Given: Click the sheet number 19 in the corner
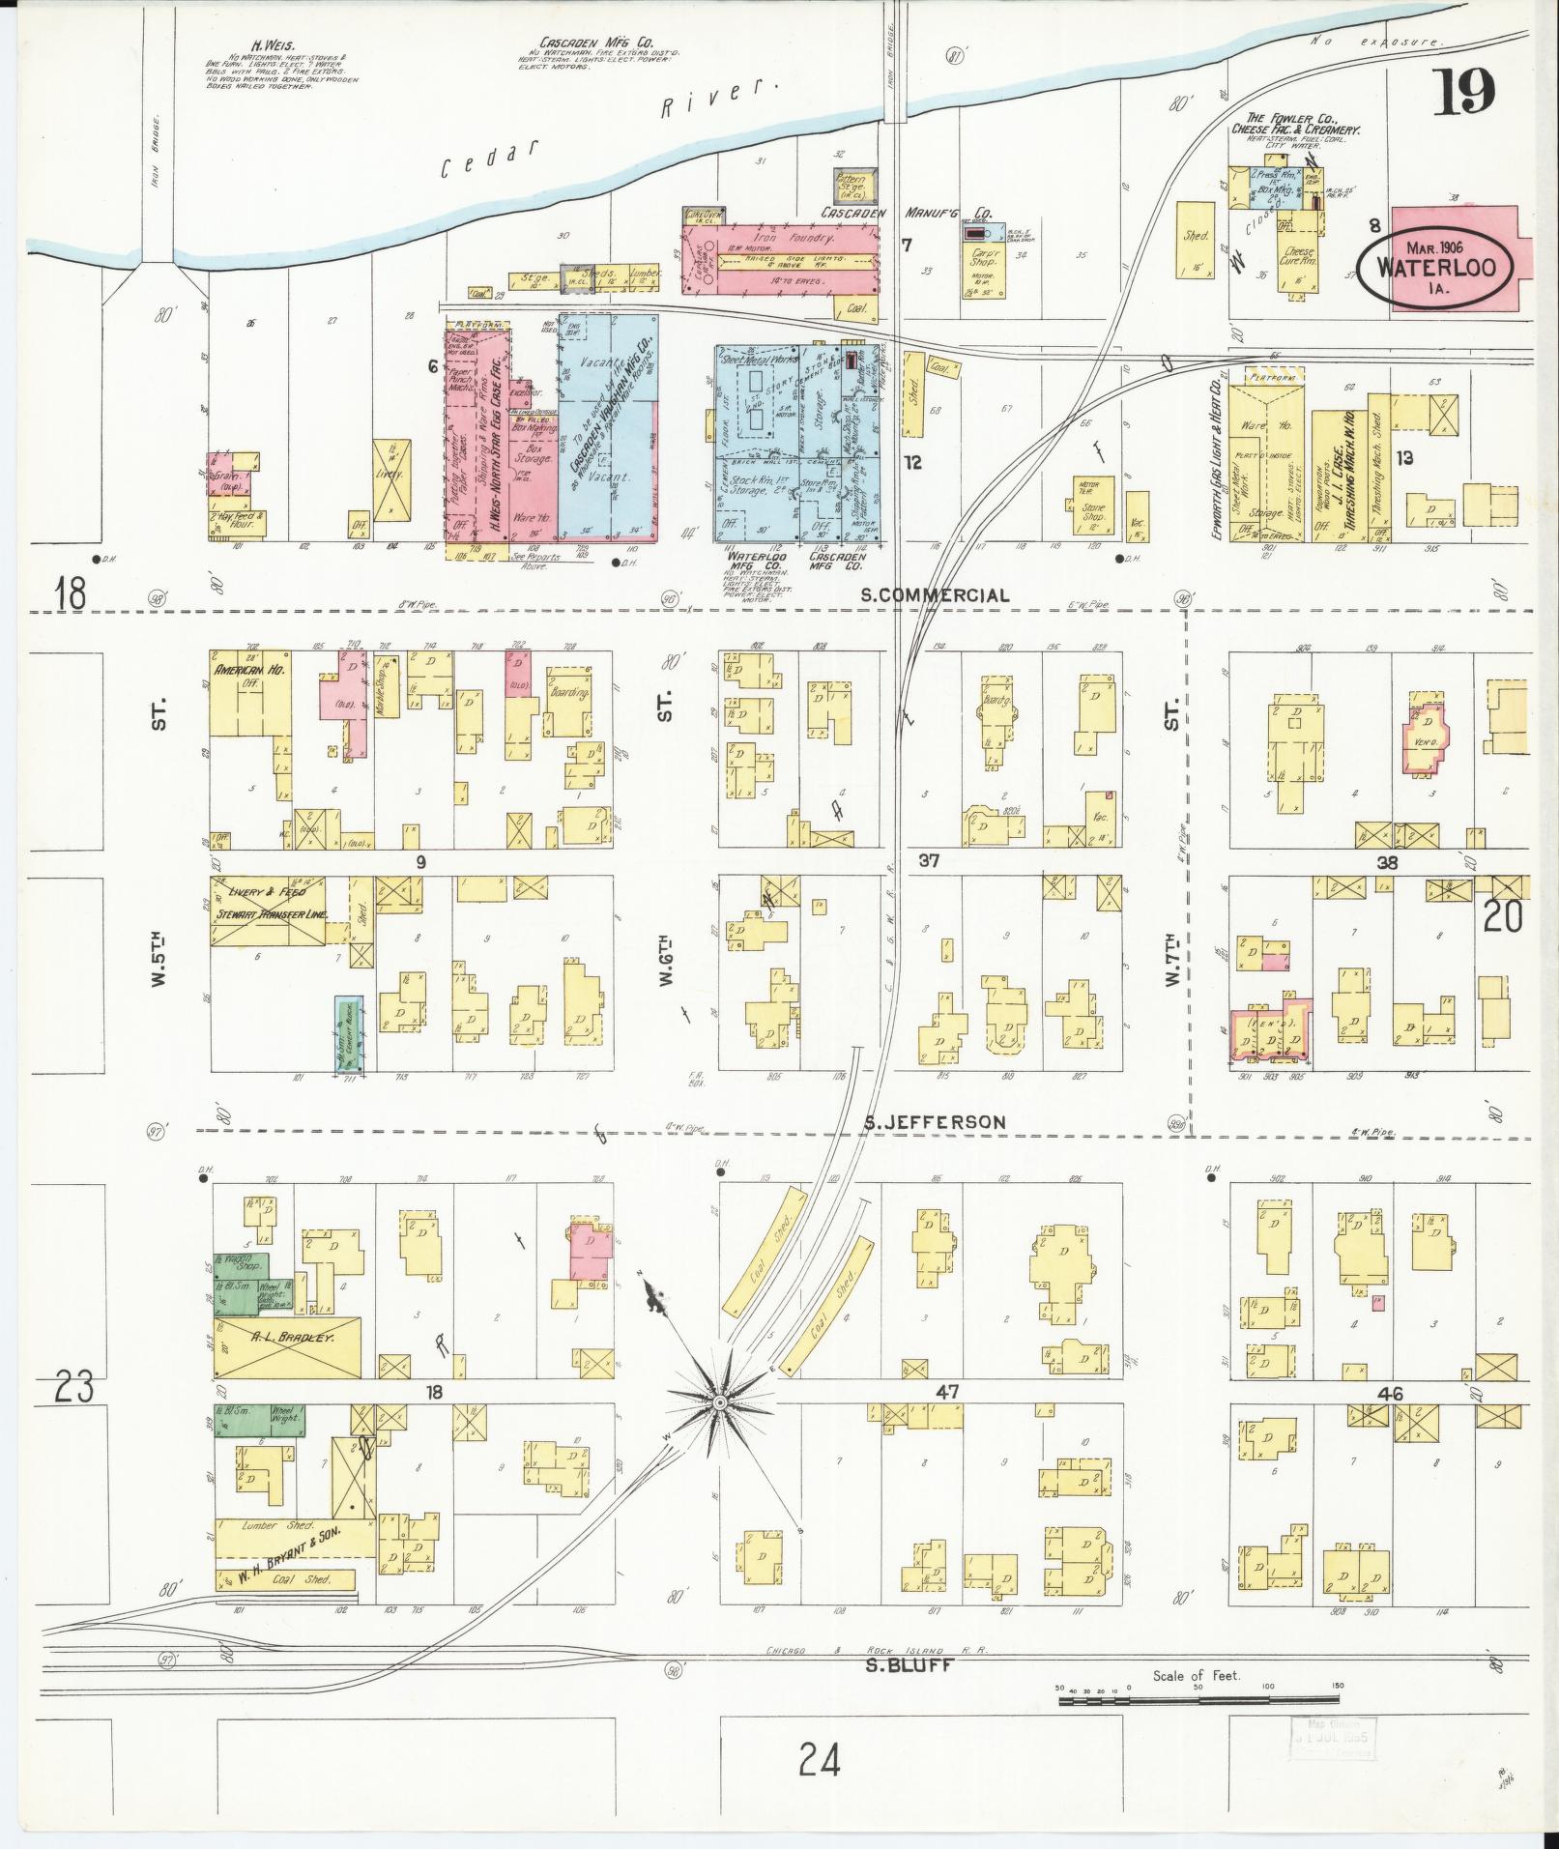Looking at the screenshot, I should (1463, 93).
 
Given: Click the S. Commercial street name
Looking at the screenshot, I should (935, 595).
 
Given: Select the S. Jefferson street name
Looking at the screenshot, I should (935, 1121).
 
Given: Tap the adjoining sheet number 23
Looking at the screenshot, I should (73, 1389).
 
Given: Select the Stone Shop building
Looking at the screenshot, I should (1092, 506).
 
